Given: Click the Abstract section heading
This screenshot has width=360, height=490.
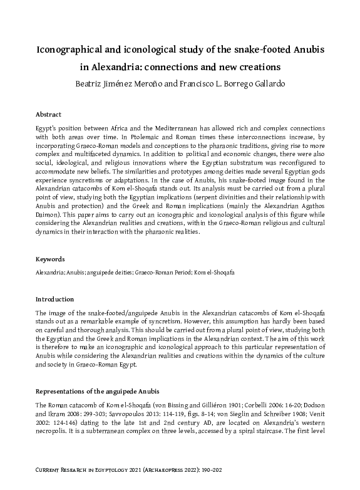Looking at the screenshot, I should pyautogui.click(x=48, y=115).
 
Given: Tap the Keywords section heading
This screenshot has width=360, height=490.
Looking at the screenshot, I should pyautogui.click(x=50, y=259).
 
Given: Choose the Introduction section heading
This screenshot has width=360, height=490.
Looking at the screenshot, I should pyautogui.click(x=54, y=300).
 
